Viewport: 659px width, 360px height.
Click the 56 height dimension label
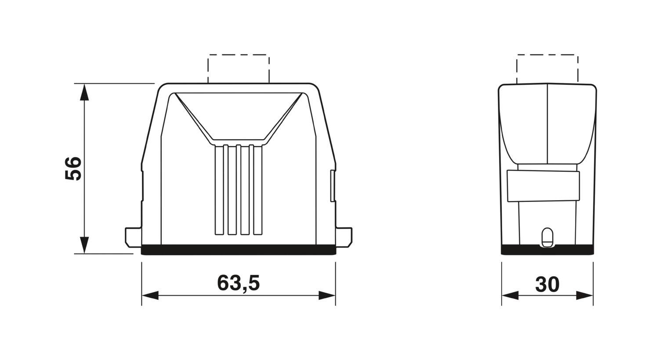(x=73, y=169)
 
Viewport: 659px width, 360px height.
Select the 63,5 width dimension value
(x=238, y=283)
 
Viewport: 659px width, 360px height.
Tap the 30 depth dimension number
(x=547, y=284)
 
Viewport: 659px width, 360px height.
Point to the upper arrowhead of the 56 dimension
(x=84, y=92)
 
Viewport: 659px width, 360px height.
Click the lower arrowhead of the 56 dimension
(x=84, y=245)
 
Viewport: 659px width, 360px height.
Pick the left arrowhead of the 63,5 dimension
(x=150, y=295)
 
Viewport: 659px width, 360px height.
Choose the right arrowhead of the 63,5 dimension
(x=327, y=295)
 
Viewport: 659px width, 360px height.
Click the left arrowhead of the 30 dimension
(x=510, y=295)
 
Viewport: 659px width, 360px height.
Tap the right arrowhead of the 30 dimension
(x=585, y=295)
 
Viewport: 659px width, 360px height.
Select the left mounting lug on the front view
(x=134, y=237)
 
